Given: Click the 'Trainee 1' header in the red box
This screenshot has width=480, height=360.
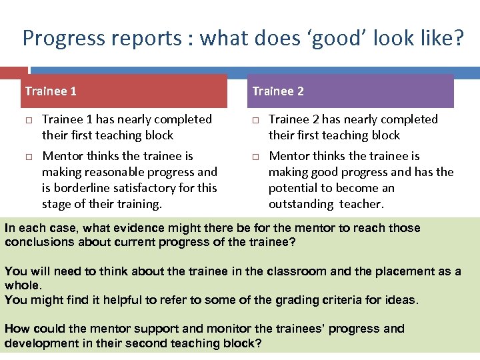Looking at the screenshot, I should pos(51,91).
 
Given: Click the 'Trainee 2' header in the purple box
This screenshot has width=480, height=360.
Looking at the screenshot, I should pos(277,91).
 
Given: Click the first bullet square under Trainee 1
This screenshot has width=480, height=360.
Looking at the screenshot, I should pos(29,121).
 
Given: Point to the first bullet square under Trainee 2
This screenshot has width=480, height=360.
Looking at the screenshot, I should pos(255,121).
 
